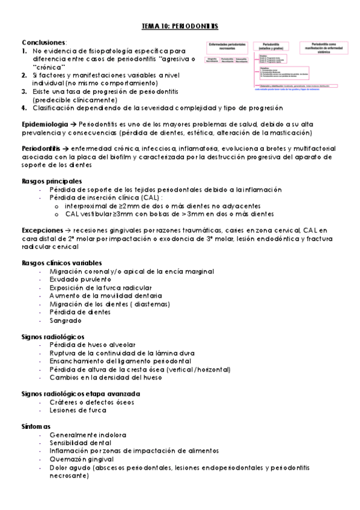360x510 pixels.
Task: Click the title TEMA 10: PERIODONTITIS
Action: tap(180, 27)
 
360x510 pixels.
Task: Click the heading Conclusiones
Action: tap(43, 43)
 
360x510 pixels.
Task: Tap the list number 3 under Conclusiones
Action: tap(23, 91)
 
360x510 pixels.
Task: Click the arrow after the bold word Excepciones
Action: tap(66, 230)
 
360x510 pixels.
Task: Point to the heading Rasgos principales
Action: tap(52, 180)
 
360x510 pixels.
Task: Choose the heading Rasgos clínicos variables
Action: tap(61, 263)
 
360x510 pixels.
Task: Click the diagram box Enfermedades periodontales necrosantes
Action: tap(227, 46)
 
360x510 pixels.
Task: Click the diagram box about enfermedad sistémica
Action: tap(327, 48)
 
